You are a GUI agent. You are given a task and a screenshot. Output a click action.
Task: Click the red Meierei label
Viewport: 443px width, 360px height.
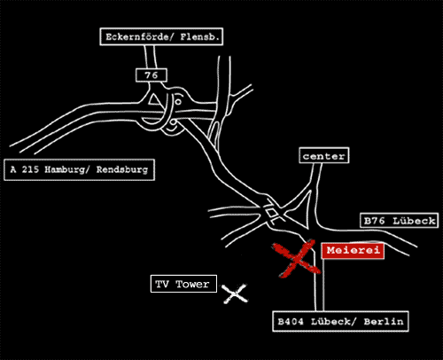click(353, 251)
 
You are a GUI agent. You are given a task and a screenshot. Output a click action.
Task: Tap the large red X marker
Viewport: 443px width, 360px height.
click(296, 259)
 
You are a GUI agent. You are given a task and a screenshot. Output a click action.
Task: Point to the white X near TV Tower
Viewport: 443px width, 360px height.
click(235, 293)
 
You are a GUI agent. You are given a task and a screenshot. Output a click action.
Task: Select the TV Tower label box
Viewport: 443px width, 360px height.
click(183, 284)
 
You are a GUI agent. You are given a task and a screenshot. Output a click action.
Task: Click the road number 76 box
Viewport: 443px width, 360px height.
click(152, 75)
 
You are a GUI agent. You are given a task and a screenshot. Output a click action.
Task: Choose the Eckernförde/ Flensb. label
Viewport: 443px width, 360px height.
click(161, 37)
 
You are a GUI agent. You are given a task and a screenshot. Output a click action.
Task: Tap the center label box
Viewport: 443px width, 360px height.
click(324, 156)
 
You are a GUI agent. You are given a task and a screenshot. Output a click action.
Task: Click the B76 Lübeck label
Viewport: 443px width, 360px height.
click(400, 221)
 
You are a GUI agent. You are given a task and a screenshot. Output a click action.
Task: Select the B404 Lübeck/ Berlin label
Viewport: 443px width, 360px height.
click(340, 321)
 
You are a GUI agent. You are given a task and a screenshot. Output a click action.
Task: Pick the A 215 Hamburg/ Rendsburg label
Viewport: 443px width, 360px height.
click(79, 169)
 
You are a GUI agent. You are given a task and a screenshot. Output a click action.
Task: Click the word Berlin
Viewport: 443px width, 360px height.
click(384, 321)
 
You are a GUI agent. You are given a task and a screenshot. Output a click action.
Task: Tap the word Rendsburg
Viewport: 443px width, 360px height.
click(122, 169)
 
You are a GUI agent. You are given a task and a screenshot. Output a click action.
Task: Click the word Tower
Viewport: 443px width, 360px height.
click(192, 284)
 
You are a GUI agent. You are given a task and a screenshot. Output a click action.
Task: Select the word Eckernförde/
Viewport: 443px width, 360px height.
click(140, 37)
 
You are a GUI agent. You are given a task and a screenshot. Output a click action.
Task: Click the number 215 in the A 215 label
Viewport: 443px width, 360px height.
click(30, 169)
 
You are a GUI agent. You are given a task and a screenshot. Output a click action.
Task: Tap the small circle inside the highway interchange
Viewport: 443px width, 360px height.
click(178, 102)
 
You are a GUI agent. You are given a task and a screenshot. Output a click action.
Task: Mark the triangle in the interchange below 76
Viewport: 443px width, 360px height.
click(154, 99)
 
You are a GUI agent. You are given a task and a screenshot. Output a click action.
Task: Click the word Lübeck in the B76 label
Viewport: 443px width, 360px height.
click(414, 221)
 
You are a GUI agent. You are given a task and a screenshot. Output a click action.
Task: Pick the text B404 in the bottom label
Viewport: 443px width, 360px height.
click(291, 321)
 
